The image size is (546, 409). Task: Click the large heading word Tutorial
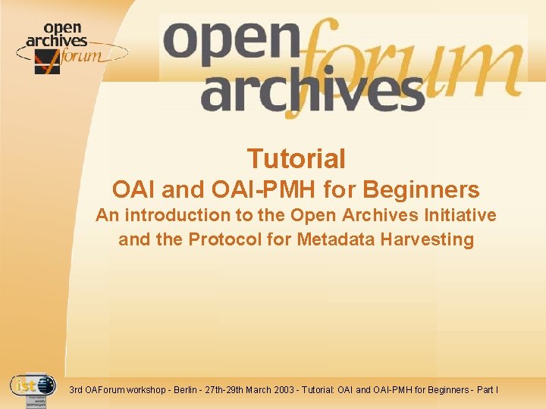coord(296,159)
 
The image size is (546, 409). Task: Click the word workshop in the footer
coord(149,390)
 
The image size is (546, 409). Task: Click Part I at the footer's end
coord(488,390)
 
